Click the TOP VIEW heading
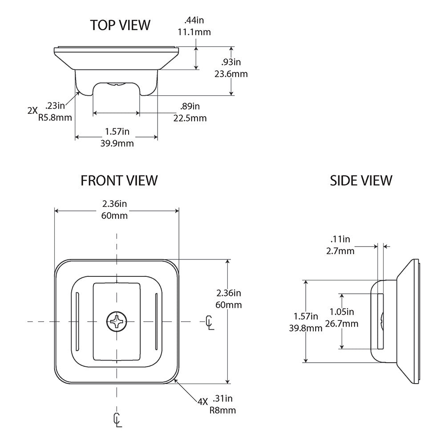click(x=120, y=25)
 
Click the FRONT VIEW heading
click(x=119, y=180)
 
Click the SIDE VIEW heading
click(x=361, y=180)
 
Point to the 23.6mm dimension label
click(x=231, y=74)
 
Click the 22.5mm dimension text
click(x=190, y=118)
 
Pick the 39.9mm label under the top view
click(x=117, y=143)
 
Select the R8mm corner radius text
click(x=222, y=410)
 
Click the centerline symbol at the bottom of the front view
click(x=117, y=420)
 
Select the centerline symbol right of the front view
click(x=209, y=321)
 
